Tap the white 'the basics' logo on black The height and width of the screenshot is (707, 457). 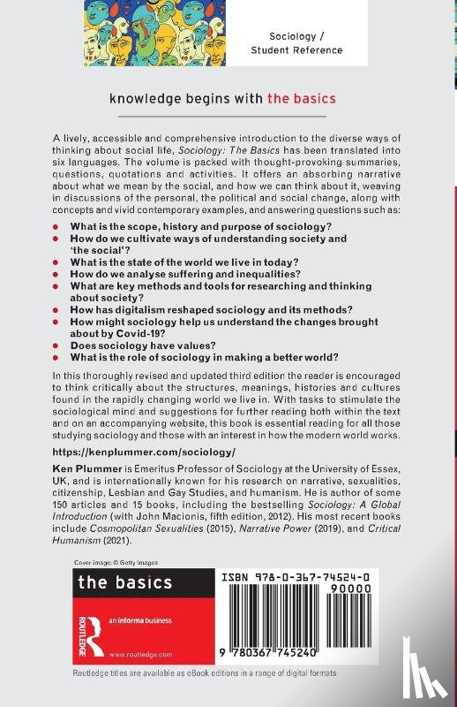click(125, 582)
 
